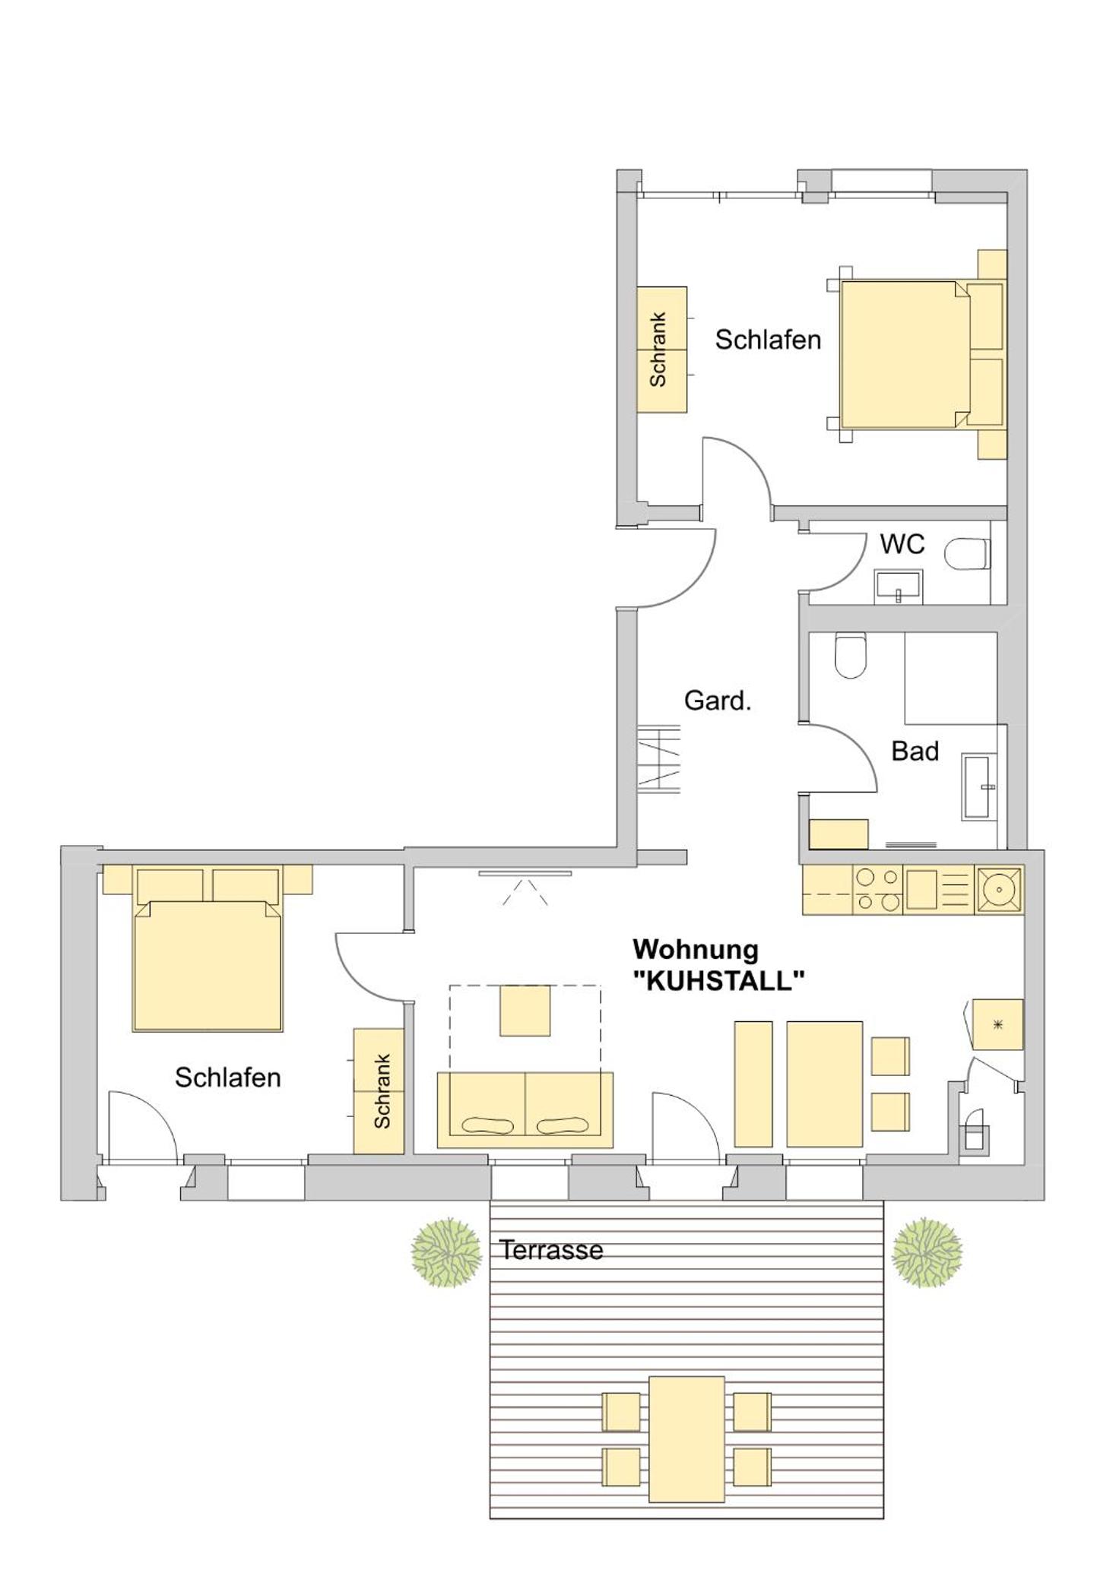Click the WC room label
(902, 544)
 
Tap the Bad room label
(915, 751)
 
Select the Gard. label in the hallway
(717, 701)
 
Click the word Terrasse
(551, 1250)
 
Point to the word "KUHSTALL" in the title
(718, 981)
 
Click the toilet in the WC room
(968, 554)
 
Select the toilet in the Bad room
(850, 655)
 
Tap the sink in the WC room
(899, 587)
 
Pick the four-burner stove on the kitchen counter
(878, 890)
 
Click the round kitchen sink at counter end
(999, 889)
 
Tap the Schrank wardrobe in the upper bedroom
(661, 350)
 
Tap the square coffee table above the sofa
(525, 1011)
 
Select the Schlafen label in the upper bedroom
(768, 340)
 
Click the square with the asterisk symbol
(998, 1025)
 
